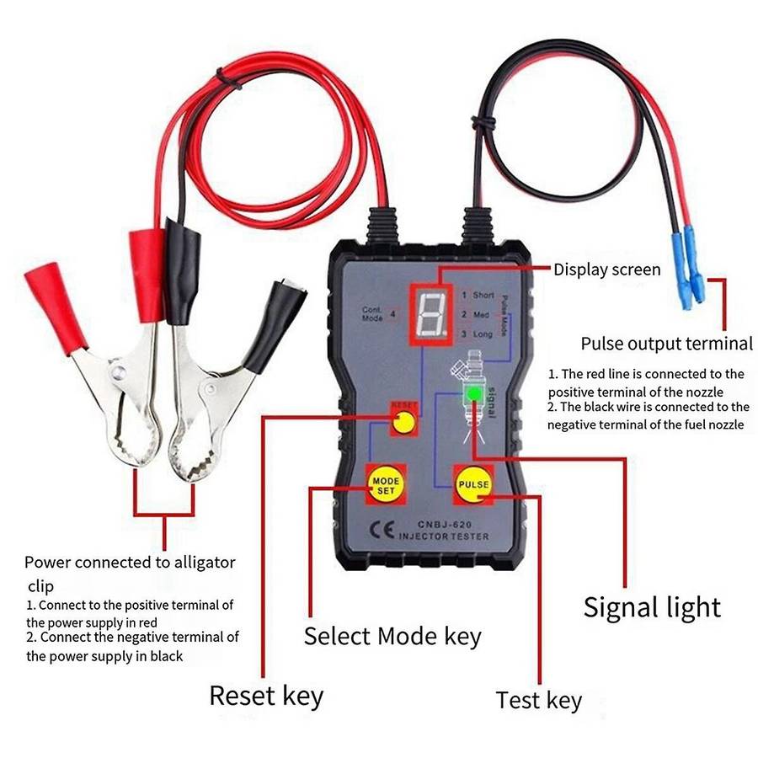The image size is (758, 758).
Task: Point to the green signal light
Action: click(475, 393)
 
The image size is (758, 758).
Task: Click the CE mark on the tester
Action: click(377, 529)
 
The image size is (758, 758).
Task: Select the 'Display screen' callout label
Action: click(606, 270)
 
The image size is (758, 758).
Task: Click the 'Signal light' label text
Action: click(652, 606)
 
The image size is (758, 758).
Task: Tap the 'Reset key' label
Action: click(266, 696)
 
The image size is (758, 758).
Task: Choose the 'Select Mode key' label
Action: click(392, 635)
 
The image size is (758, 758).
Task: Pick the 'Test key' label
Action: click(539, 700)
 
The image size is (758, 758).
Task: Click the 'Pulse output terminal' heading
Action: click(666, 343)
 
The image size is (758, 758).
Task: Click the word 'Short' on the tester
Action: click(483, 296)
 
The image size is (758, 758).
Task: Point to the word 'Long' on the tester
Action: click(483, 334)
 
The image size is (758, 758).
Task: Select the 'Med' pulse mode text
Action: click(481, 315)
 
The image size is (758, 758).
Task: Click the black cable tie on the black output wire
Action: click(481, 123)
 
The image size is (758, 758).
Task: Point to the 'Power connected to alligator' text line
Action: click(130, 562)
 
